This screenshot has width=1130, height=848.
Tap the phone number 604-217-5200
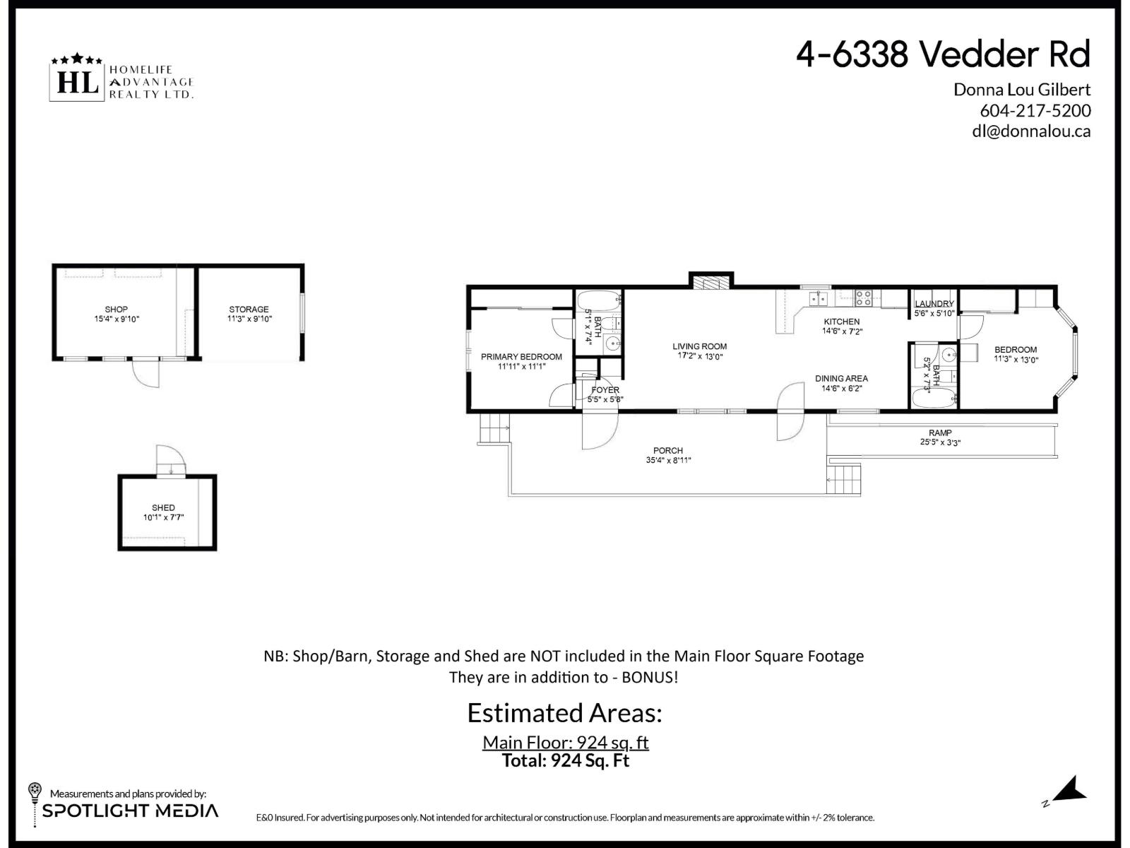(1035, 111)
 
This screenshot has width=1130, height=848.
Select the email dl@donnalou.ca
(1031, 131)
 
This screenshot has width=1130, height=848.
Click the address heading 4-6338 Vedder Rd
(943, 54)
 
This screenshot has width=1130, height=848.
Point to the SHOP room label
(117, 310)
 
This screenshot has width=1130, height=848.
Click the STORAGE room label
(249, 310)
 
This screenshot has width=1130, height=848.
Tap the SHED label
(163, 508)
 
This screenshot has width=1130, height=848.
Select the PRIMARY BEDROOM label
(521, 357)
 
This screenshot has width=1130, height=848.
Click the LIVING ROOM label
(699, 346)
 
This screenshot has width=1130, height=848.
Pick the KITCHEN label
(842, 322)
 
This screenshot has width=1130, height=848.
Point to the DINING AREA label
(841, 379)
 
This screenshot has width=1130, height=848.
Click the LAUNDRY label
(934, 304)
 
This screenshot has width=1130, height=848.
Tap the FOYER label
(605, 390)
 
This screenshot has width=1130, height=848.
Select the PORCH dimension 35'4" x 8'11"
(668, 461)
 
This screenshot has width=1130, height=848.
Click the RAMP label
(940, 433)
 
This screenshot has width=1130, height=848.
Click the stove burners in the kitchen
(863, 298)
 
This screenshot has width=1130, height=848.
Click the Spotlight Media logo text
(131, 811)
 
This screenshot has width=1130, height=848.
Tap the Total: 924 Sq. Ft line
(565, 761)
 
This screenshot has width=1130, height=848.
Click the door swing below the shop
(146, 373)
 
